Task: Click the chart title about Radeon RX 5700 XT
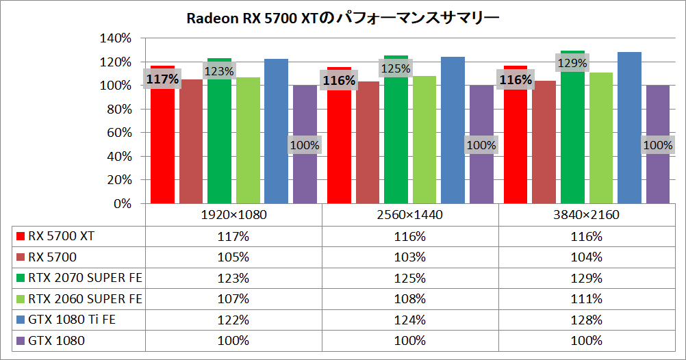(x=342, y=18)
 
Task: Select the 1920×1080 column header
(x=233, y=215)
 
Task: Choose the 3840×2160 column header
(x=587, y=215)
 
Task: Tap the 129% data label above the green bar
(x=572, y=64)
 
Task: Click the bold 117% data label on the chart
(x=162, y=79)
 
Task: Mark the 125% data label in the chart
(x=396, y=68)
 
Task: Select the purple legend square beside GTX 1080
(x=21, y=341)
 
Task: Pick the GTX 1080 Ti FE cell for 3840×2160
(x=587, y=320)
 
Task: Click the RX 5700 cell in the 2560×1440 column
(x=410, y=257)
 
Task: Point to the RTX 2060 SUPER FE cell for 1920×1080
(x=233, y=299)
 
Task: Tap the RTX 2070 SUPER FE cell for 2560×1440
(x=410, y=278)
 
